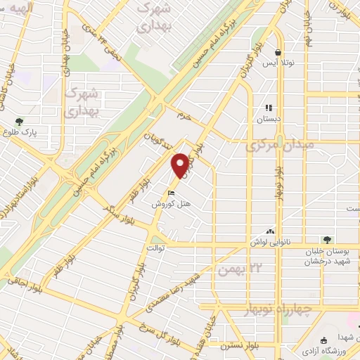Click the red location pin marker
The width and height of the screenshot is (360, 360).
(x=181, y=165)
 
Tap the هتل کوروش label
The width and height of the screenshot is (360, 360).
(x=172, y=204)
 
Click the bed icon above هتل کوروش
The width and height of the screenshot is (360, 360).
(x=171, y=194)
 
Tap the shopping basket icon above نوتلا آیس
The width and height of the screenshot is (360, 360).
(x=278, y=52)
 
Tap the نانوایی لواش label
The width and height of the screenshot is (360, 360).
(x=270, y=240)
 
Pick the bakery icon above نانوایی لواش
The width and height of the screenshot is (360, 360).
(x=270, y=231)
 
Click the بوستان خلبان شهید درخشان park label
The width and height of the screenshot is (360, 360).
(x=326, y=257)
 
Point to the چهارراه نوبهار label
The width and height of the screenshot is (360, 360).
(x=279, y=309)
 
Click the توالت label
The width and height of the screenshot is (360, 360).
(x=155, y=248)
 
